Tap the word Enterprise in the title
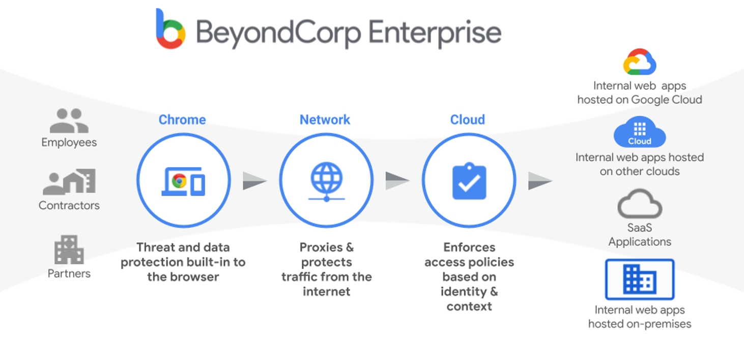(435, 33)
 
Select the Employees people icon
(69, 121)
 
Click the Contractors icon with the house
(69, 181)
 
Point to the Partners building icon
(69, 250)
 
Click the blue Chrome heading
(182, 120)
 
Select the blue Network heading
(325, 120)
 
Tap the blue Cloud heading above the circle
(468, 120)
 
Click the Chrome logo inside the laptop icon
(179, 181)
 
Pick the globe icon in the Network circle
(327, 181)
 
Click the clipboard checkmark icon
(469, 181)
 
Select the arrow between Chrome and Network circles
(255, 181)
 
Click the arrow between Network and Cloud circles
(397, 181)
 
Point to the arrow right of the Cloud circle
(540, 181)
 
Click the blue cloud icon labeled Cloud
(640, 132)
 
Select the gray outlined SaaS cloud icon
(640, 204)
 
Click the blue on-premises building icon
(640, 279)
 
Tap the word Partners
(69, 273)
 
